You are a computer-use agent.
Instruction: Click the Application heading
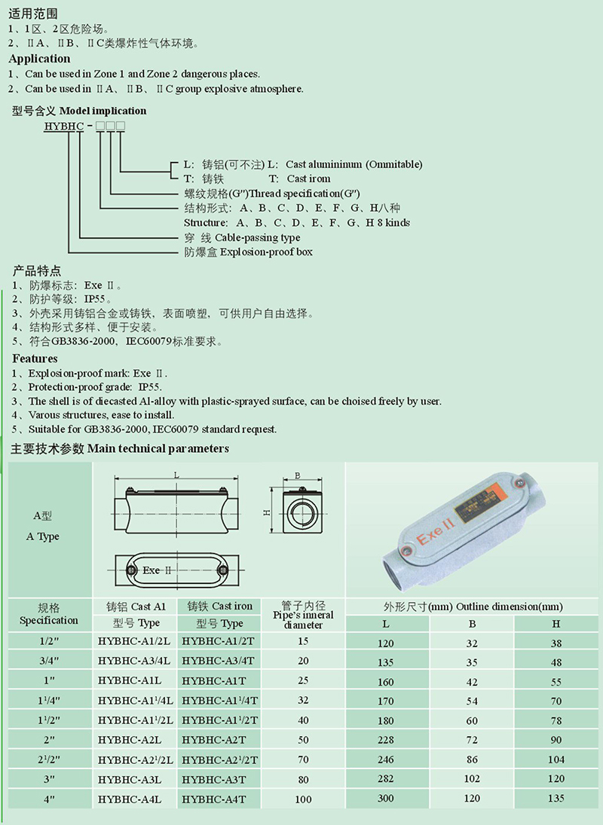(x=39, y=59)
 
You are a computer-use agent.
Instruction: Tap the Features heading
(x=35, y=358)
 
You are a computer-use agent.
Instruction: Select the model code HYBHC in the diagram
(x=65, y=125)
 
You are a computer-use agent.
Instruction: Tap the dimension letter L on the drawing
(x=176, y=475)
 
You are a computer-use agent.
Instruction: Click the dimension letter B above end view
(x=298, y=475)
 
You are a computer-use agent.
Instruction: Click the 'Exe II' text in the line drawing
(x=158, y=570)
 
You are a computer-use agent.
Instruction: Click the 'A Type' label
(x=43, y=536)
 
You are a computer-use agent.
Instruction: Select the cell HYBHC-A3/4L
(x=134, y=661)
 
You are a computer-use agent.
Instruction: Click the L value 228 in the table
(x=386, y=740)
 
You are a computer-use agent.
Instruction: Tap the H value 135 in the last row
(x=556, y=798)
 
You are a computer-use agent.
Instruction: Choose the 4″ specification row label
(x=48, y=798)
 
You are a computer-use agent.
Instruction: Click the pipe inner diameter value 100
(x=303, y=799)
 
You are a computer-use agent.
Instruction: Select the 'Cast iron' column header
(x=220, y=606)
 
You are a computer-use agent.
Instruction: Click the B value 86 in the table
(x=472, y=759)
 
